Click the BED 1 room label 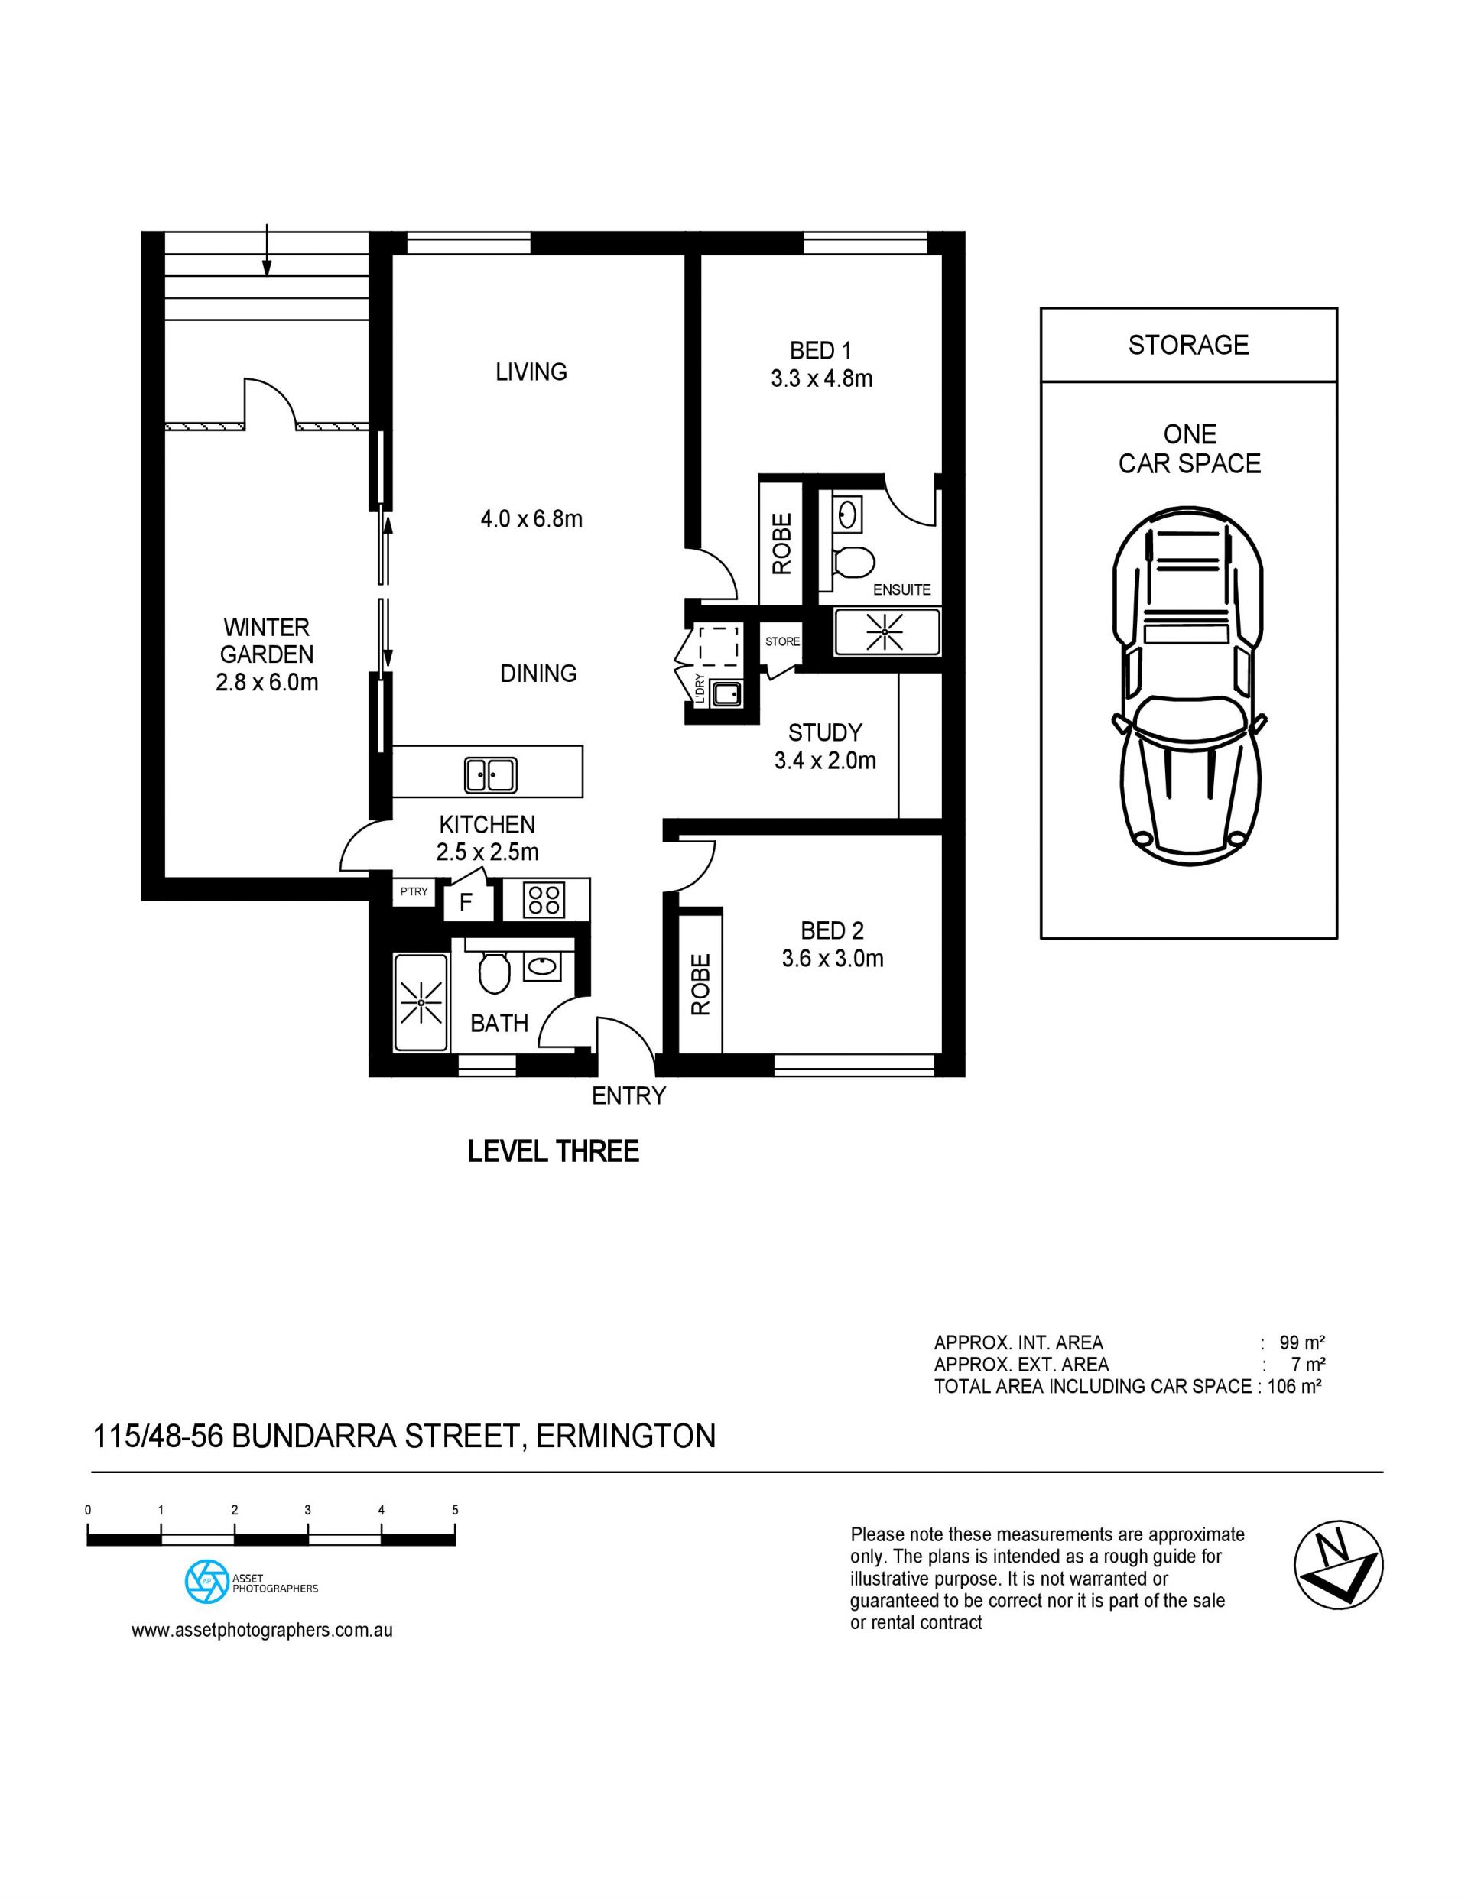[x=820, y=350]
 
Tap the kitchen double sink [x=491, y=774]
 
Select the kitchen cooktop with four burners [x=544, y=899]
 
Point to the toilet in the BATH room [x=494, y=972]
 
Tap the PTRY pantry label [x=414, y=891]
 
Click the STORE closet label [x=783, y=641]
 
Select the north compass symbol [x=1339, y=1568]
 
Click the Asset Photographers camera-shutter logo [x=207, y=1582]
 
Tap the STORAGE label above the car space [x=1188, y=346]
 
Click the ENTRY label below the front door [x=628, y=1096]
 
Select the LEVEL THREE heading [x=553, y=1151]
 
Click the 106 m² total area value [x=1295, y=1387]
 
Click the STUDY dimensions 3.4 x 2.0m [x=824, y=761]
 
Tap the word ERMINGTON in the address [x=626, y=1436]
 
